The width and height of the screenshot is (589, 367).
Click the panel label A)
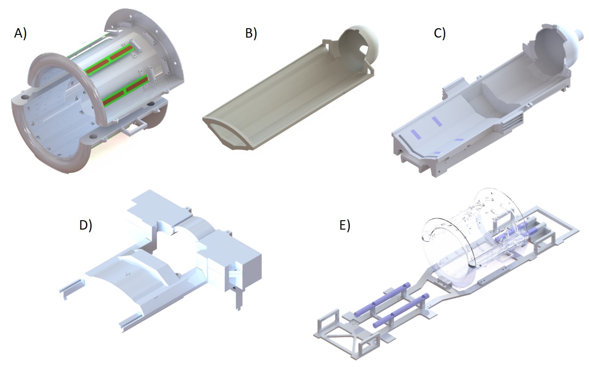(20, 34)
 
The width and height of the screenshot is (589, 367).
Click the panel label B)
(251, 33)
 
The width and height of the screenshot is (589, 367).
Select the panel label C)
(440, 34)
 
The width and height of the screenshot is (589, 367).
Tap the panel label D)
(86, 226)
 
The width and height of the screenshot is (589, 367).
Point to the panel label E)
(345, 225)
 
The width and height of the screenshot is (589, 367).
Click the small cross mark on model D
(128, 274)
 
